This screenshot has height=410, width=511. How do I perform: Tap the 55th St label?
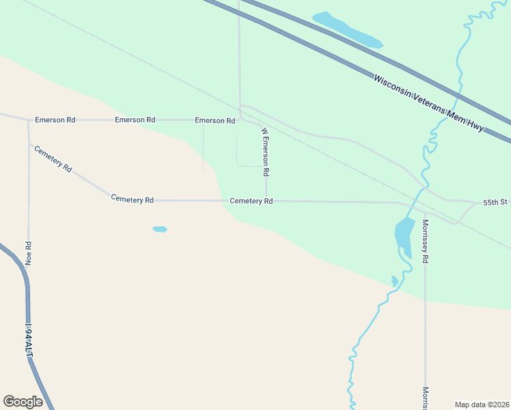[x=496, y=203]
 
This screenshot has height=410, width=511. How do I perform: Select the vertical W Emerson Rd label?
[x=265, y=151]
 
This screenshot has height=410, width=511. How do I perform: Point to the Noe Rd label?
[x=29, y=253]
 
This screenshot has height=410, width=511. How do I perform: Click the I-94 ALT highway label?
[x=29, y=340]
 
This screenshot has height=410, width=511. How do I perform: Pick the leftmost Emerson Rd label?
[x=55, y=120]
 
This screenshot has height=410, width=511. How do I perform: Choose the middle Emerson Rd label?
[x=135, y=120]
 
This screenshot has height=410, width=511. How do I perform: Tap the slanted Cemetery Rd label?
[x=53, y=158]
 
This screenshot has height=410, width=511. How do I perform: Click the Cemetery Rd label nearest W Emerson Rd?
[x=251, y=201]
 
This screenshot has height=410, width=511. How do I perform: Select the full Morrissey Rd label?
[x=425, y=241]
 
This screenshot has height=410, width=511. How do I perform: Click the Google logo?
[x=23, y=402]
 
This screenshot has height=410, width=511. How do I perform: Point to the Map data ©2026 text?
[x=482, y=404]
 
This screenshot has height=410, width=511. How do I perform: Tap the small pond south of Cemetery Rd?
[x=159, y=229]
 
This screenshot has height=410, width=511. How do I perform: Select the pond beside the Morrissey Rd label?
[x=404, y=235]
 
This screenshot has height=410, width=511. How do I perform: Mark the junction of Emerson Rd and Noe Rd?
[x=29, y=121]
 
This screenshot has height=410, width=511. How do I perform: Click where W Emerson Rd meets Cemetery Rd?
[x=266, y=201]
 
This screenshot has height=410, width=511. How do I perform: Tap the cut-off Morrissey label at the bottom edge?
[x=425, y=398]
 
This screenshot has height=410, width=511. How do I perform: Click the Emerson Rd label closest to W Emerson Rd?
[x=215, y=120]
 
